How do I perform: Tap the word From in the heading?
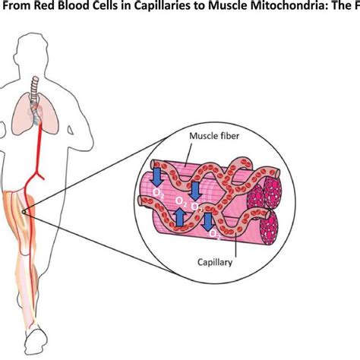click(17, 6)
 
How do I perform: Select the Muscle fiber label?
click(214, 136)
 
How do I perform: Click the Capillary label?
click(215, 262)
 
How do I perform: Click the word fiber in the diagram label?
click(229, 136)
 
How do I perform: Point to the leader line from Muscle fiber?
click(188, 155)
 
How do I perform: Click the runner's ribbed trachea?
click(35, 89)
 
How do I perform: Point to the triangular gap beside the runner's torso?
click(71, 130)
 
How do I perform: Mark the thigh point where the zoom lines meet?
click(24, 212)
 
